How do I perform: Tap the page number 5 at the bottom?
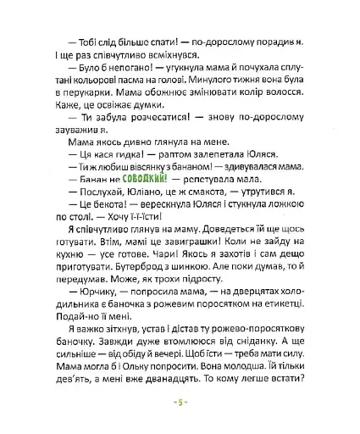[180, 421]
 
